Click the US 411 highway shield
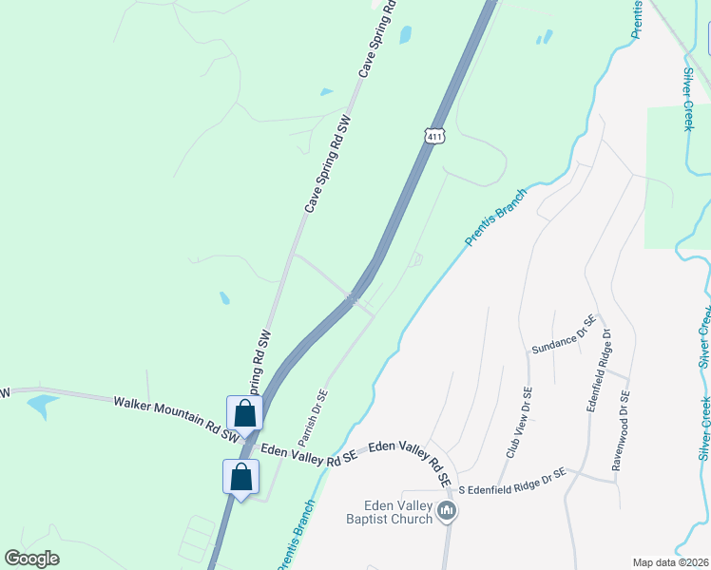(x=434, y=135)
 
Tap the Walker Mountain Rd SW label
(x=177, y=419)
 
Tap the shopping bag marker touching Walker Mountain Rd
(x=244, y=414)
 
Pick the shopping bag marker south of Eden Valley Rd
(x=241, y=478)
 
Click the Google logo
(x=31, y=559)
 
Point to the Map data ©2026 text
(x=670, y=562)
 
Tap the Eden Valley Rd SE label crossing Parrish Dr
(x=308, y=454)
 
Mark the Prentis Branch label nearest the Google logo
(x=297, y=537)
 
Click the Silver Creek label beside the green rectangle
(x=689, y=99)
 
